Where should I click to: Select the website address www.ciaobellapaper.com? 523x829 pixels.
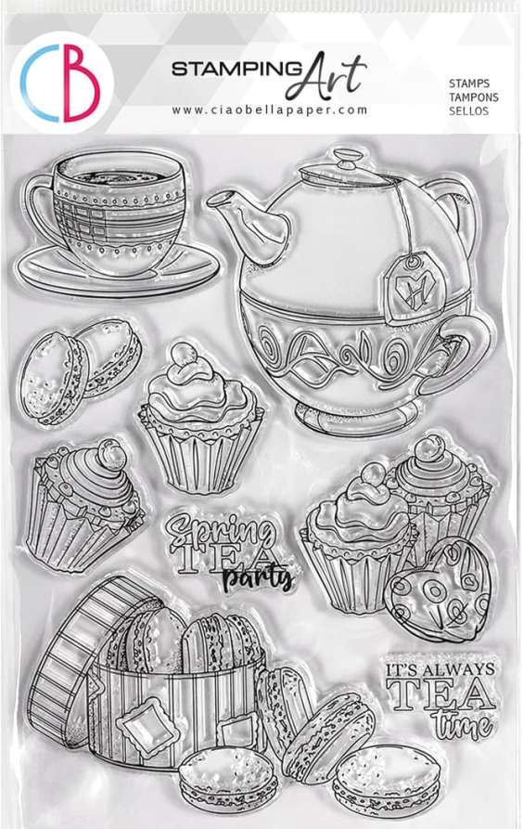(x=270, y=110)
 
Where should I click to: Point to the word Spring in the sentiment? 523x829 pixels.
(x=220, y=532)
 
